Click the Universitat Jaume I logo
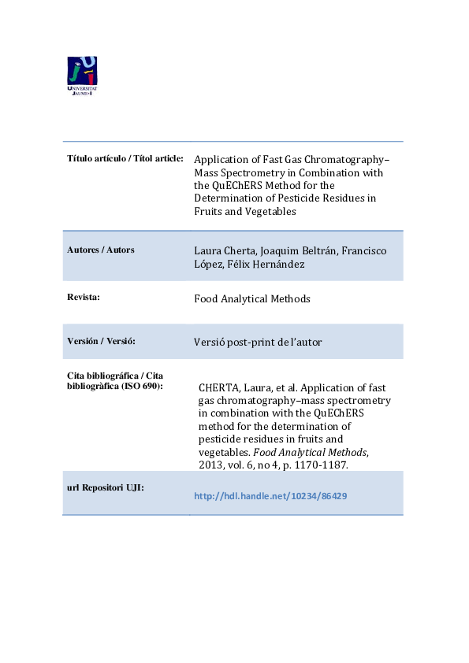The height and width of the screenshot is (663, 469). click(x=82, y=76)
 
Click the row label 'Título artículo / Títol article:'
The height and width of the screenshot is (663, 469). click(x=125, y=158)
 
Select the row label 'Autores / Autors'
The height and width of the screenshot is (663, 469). click(x=100, y=250)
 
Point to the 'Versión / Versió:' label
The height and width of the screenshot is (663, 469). click(x=101, y=341)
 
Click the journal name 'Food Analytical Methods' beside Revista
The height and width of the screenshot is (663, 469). click(x=252, y=299)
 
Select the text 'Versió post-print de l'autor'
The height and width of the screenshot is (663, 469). click(x=258, y=343)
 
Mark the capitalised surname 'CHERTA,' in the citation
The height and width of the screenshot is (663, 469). click(x=224, y=387)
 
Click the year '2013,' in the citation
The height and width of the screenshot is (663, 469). click(x=213, y=465)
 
